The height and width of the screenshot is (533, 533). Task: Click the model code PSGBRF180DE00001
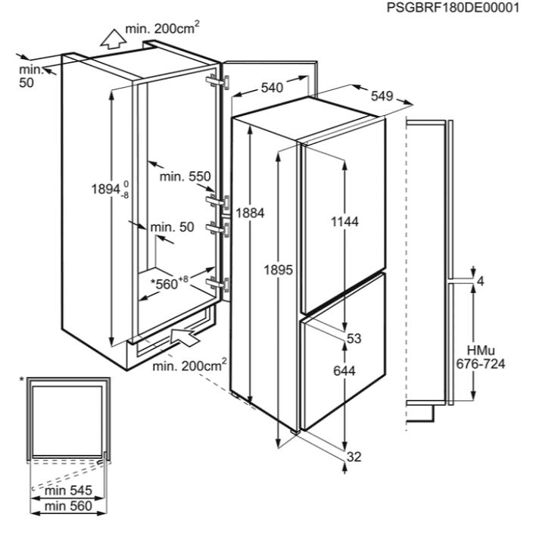453,8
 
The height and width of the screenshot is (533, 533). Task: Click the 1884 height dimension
250,214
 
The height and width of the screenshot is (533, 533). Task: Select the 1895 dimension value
278,270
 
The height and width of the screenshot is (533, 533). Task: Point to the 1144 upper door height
344,222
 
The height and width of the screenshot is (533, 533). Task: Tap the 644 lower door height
344,370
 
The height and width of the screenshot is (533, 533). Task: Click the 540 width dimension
272,88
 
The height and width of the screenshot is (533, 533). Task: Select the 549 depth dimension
382,96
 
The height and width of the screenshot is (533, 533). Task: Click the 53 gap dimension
354,338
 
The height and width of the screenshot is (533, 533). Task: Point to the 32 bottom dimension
354,457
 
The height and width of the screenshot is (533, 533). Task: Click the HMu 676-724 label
481,357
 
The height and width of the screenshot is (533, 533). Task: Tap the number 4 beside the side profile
481,282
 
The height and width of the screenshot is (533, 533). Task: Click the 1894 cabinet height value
110,189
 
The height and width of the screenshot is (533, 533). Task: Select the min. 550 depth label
185,176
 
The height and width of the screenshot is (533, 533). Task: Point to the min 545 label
68,490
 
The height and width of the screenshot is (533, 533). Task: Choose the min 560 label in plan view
68,507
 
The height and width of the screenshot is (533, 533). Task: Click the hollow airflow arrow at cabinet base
185,336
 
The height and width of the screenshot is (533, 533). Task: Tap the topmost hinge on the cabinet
217,83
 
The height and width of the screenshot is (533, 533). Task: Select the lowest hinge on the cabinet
217,284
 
